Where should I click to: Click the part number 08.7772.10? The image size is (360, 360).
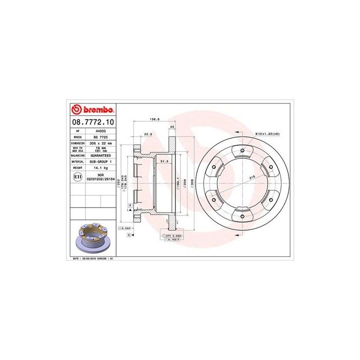(x=92, y=121)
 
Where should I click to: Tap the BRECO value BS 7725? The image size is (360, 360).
(x=93, y=136)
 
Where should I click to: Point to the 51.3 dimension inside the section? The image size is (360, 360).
(x=163, y=161)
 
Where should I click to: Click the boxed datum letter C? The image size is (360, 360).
(x=129, y=234)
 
